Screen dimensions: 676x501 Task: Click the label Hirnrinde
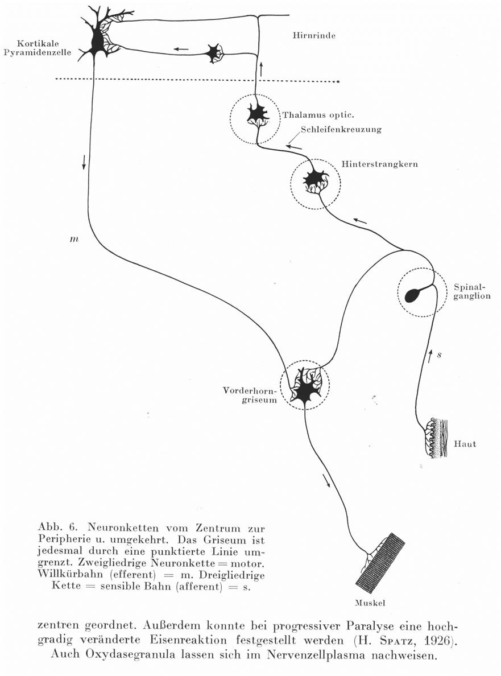(314, 35)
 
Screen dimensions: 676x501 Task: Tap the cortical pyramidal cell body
(97, 42)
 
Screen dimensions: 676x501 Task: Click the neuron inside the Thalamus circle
(257, 114)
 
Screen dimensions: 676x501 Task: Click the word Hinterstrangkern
(380, 164)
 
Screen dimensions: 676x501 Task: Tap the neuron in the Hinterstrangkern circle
(313, 179)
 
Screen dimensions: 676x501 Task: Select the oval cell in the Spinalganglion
(413, 295)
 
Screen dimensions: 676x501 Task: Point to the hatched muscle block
(380, 563)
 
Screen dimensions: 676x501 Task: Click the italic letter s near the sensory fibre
(439, 355)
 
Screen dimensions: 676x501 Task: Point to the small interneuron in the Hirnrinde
(214, 53)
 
